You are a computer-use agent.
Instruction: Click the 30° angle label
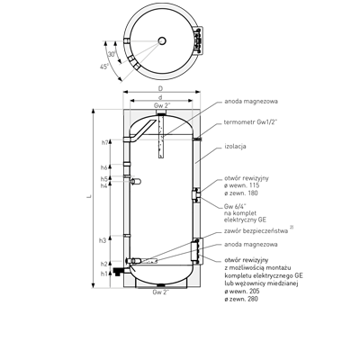point(112,54)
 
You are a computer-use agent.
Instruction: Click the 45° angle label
point(104,67)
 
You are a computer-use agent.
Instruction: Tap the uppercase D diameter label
point(161,88)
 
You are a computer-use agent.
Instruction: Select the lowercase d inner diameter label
point(160,97)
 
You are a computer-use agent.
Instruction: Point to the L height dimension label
point(89,196)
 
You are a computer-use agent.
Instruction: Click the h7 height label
point(104,143)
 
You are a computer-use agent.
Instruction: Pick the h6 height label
point(104,167)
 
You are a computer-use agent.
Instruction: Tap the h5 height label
point(104,179)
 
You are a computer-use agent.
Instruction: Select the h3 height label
point(103,240)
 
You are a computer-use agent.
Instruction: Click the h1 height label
point(103,274)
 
